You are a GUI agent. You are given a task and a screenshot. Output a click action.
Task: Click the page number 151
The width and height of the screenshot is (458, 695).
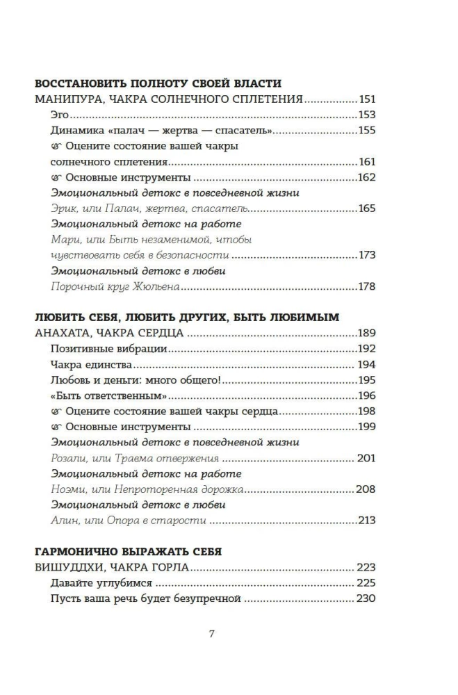tap(366, 99)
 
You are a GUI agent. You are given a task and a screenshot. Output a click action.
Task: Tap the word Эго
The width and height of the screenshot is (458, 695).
tap(61, 115)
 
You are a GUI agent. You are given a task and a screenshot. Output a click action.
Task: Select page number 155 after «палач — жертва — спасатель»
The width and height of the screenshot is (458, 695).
tap(366, 130)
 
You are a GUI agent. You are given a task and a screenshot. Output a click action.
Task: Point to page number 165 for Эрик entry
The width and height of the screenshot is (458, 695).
tap(366, 208)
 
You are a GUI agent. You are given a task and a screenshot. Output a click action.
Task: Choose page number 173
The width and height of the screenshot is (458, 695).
tap(366, 255)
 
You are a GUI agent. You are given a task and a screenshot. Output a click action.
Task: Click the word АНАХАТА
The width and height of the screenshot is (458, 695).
tap(65, 333)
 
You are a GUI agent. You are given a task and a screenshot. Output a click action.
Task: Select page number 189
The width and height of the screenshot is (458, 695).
tap(366, 333)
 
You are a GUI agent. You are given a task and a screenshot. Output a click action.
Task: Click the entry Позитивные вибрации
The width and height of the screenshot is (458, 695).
tap(99, 349)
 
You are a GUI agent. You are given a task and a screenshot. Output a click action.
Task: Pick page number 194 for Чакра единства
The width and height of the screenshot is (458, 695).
tap(366, 364)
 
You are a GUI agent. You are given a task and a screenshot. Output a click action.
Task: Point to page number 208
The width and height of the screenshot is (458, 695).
tap(366, 489)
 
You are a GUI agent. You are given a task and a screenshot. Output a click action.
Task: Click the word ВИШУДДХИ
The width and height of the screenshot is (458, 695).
tap(67, 567)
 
